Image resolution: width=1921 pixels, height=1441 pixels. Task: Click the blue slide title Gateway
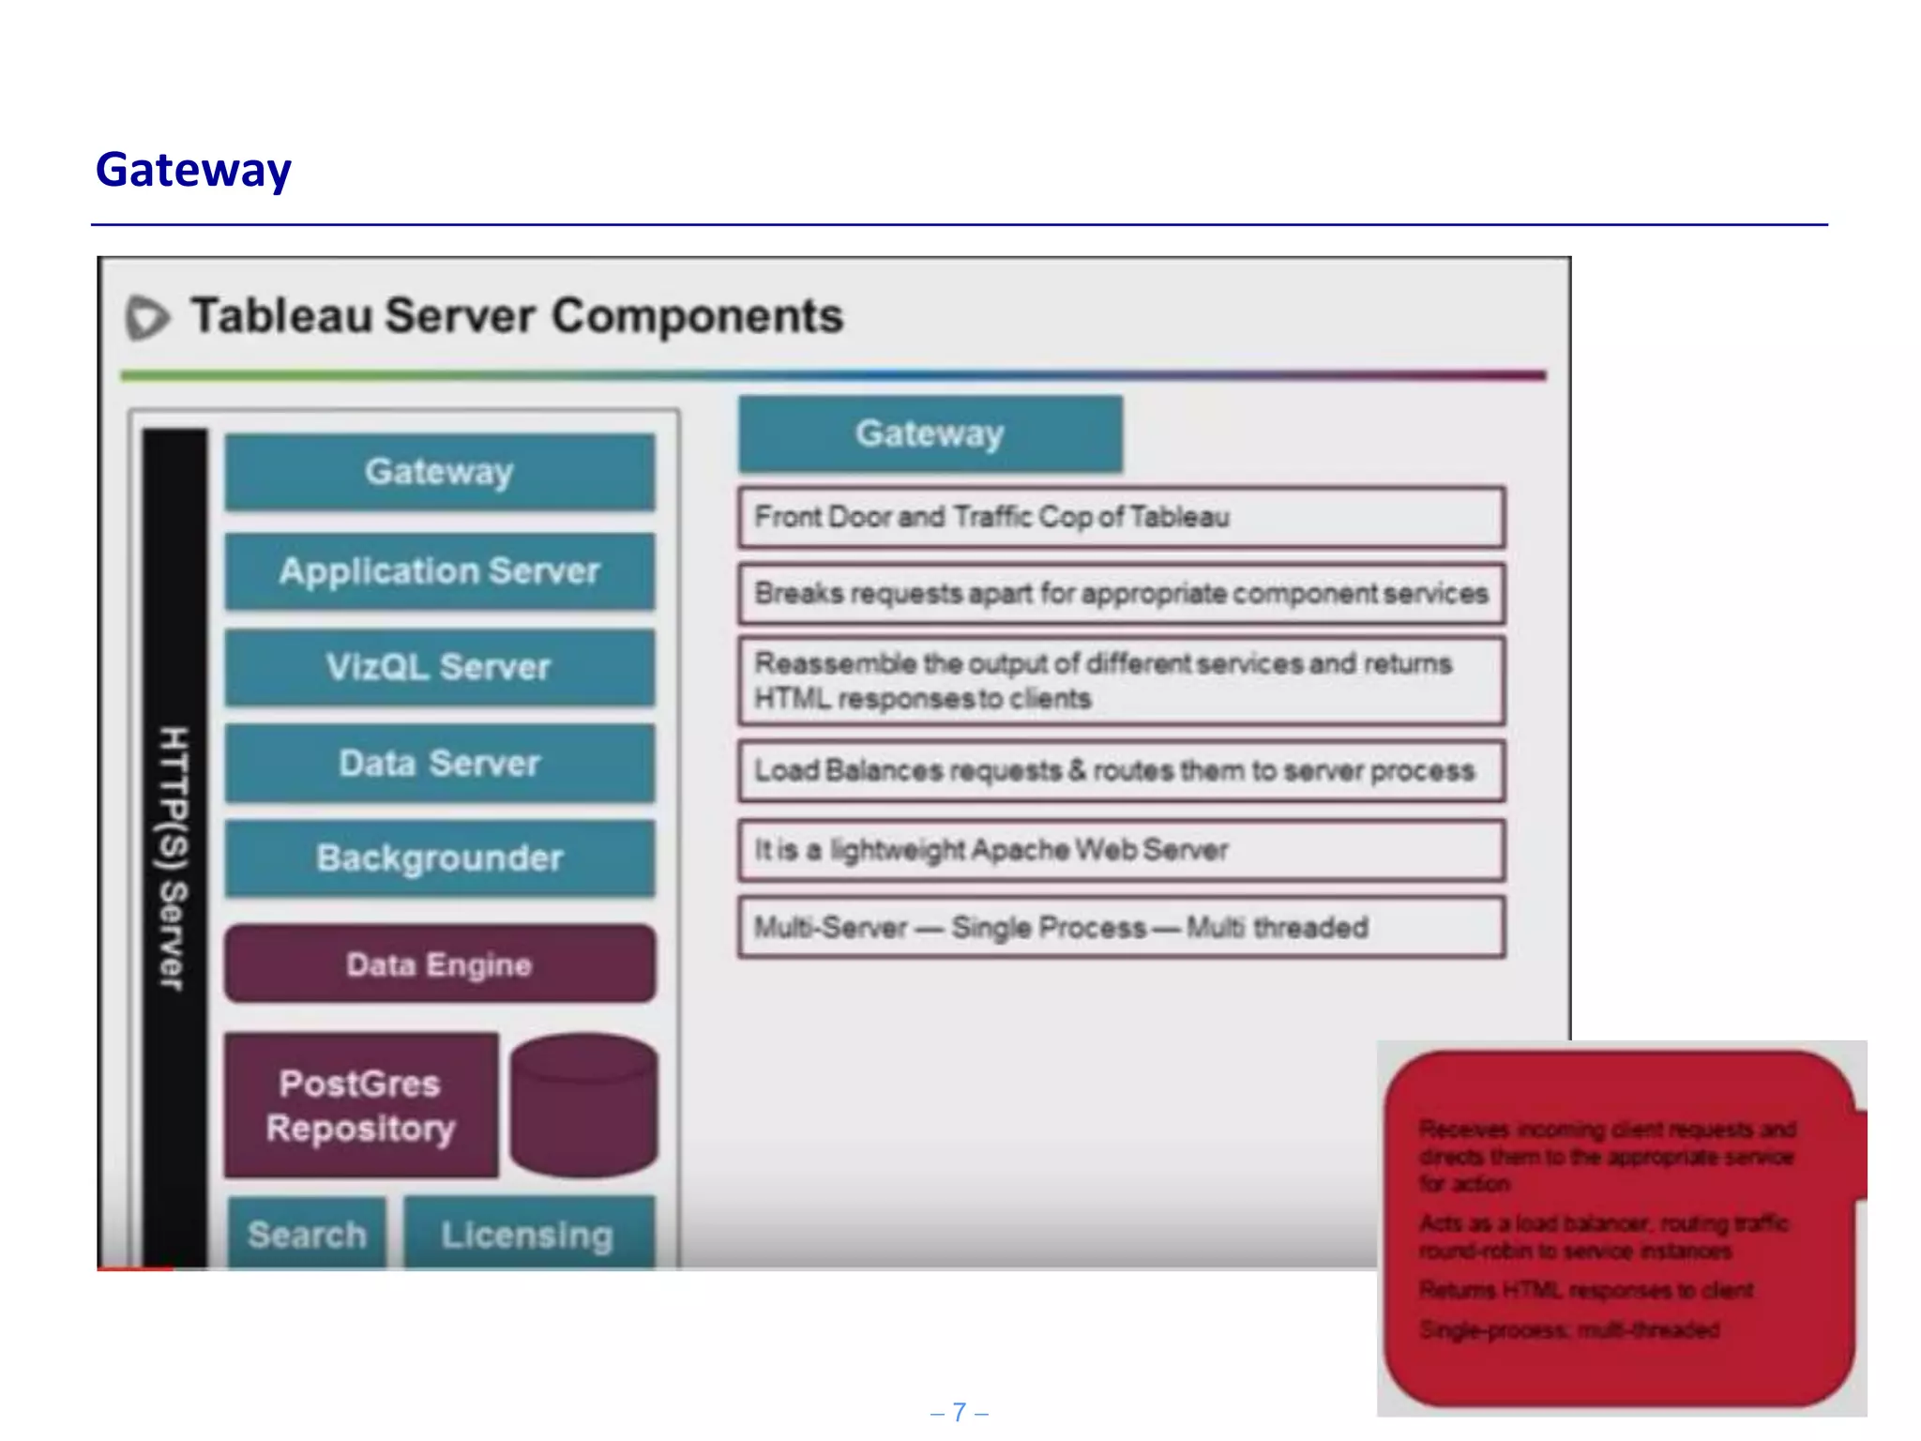(193, 170)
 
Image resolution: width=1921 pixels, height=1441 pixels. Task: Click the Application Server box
(440, 571)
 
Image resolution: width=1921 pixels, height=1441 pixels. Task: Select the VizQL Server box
(440, 667)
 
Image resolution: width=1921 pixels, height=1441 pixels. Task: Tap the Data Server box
(440, 763)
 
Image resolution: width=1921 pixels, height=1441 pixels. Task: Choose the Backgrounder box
(440, 858)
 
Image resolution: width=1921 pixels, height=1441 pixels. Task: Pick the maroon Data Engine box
(440, 964)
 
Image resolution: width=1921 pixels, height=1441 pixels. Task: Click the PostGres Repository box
(361, 1105)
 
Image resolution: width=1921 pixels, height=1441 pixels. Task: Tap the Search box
(307, 1234)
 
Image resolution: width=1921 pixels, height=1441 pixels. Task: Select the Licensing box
(528, 1234)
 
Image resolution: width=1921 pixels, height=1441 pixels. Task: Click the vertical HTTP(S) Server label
(174, 857)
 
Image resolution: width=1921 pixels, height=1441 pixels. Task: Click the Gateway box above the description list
(930, 433)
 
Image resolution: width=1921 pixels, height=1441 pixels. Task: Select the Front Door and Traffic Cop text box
(1121, 517)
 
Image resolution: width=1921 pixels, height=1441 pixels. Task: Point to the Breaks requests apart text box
(1121, 594)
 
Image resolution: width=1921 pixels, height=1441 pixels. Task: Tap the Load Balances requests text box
(1121, 771)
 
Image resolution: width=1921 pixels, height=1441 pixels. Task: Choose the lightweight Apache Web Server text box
(1121, 850)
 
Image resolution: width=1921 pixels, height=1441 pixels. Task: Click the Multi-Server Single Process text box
(1121, 928)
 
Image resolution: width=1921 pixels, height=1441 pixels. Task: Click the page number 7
(960, 1412)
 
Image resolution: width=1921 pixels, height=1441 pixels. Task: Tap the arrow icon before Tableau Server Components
(147, 317)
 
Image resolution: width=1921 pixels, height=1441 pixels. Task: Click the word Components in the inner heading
(697, 316)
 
